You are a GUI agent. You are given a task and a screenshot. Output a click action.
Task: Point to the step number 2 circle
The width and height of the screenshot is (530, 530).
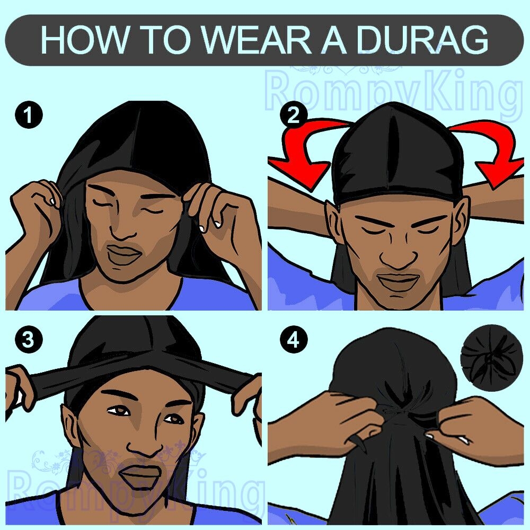pyautogui.click(x=293, y=116)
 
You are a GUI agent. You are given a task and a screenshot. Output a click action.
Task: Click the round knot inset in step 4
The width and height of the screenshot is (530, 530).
pyautogui.click(x=492, y=357)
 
